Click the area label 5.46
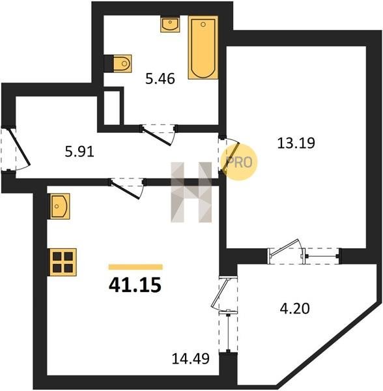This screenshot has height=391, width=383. (160, 79)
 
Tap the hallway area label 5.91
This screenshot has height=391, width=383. (79, 152)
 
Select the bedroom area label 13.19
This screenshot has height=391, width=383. (296, 143)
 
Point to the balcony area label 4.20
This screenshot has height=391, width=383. (295, 308)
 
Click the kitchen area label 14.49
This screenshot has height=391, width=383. (191, 359)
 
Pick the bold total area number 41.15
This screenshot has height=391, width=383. (135, 285)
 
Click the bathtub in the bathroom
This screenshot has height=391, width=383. (203, 48)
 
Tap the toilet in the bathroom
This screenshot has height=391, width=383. (122, 64)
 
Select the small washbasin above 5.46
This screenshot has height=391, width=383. (170, 24)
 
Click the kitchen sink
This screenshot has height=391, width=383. (60, 206)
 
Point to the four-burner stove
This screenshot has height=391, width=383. (63, 262)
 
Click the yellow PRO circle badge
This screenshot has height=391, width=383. (239, 162)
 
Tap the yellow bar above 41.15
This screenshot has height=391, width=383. (135, 267)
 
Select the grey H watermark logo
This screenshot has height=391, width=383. (191, 192)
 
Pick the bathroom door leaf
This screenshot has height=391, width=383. (157, 136)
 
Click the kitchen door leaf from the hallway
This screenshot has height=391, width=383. (124, 190)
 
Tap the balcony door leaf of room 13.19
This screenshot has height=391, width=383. (284, 248)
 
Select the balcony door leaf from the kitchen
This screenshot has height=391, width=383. (220, 293)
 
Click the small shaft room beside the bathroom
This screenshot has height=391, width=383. (111, 108)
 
